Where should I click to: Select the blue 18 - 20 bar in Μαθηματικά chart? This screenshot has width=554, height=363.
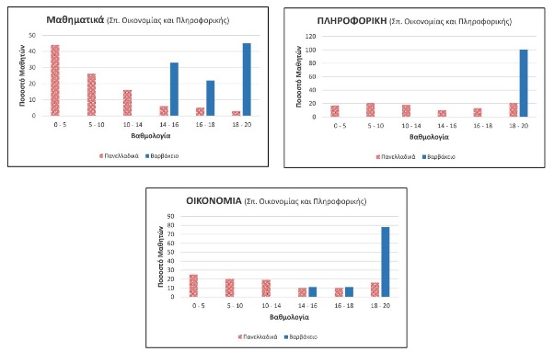(246, 80)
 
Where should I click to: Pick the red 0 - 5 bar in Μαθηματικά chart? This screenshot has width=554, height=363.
(55, 80)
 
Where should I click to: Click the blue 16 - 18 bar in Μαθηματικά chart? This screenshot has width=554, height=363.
(210, 98)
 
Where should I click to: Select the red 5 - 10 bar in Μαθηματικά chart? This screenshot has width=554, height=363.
(91, 95)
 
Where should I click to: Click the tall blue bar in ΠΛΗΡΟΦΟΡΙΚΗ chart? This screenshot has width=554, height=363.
(524, 84)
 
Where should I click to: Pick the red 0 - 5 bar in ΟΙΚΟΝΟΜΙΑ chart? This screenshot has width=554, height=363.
(193, 286)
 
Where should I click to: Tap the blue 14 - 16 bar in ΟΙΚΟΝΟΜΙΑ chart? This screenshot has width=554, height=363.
(313, 292)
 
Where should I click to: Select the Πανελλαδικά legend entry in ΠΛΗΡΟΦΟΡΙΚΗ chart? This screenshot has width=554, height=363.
(396, 156)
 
